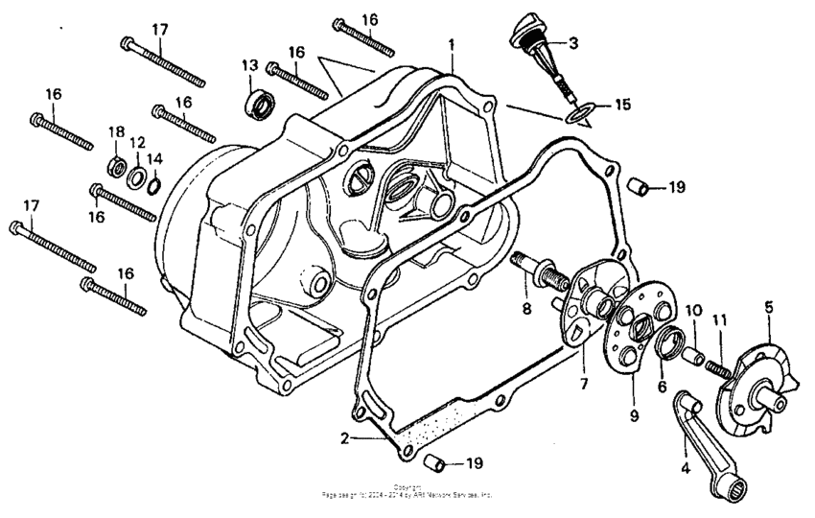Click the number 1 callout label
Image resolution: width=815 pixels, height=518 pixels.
(x=452, y=44)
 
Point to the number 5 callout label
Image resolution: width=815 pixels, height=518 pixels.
(x=768, y=308)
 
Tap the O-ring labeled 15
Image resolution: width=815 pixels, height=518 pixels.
(x=576, y=115)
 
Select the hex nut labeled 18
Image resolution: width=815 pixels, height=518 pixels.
(x=115, y=165)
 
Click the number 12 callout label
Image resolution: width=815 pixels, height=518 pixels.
(x=137, y=142)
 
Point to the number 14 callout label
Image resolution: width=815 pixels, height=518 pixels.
(x=154, y=158)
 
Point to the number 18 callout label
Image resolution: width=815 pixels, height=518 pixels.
(x=115, y=131)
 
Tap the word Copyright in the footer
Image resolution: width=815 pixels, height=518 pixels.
(x=407, y=487)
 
